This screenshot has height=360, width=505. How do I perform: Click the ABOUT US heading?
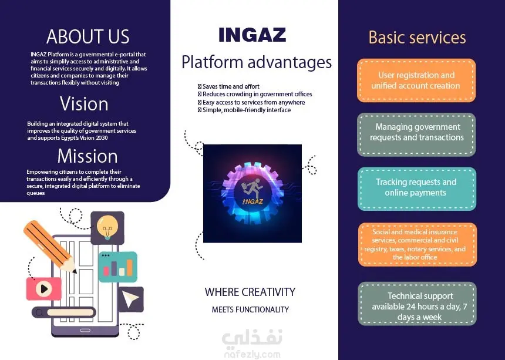87,36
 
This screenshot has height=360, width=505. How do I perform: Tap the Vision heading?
84,104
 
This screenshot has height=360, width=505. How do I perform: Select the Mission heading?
87,156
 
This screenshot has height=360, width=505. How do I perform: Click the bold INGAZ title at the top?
252,35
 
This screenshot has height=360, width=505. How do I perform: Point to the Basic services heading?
417,38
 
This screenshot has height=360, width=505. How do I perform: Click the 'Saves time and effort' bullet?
228,86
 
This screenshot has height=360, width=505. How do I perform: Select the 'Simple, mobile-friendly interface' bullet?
244,110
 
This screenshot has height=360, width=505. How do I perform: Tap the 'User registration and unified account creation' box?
416,80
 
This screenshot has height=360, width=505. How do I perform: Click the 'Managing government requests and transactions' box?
416,134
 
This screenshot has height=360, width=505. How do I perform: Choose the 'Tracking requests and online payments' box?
417,189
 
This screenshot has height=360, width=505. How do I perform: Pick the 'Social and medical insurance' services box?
418,244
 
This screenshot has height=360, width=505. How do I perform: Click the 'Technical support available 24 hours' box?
418,304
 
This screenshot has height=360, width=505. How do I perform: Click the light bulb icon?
107,227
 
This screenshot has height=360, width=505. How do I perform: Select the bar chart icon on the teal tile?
118,268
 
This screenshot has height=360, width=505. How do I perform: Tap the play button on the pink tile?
44,289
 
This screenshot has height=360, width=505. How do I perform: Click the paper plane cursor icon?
130,299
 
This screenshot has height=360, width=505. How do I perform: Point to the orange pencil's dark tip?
75,271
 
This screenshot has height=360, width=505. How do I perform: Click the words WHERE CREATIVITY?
250,292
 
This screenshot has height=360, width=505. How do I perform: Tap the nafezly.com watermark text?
252,355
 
